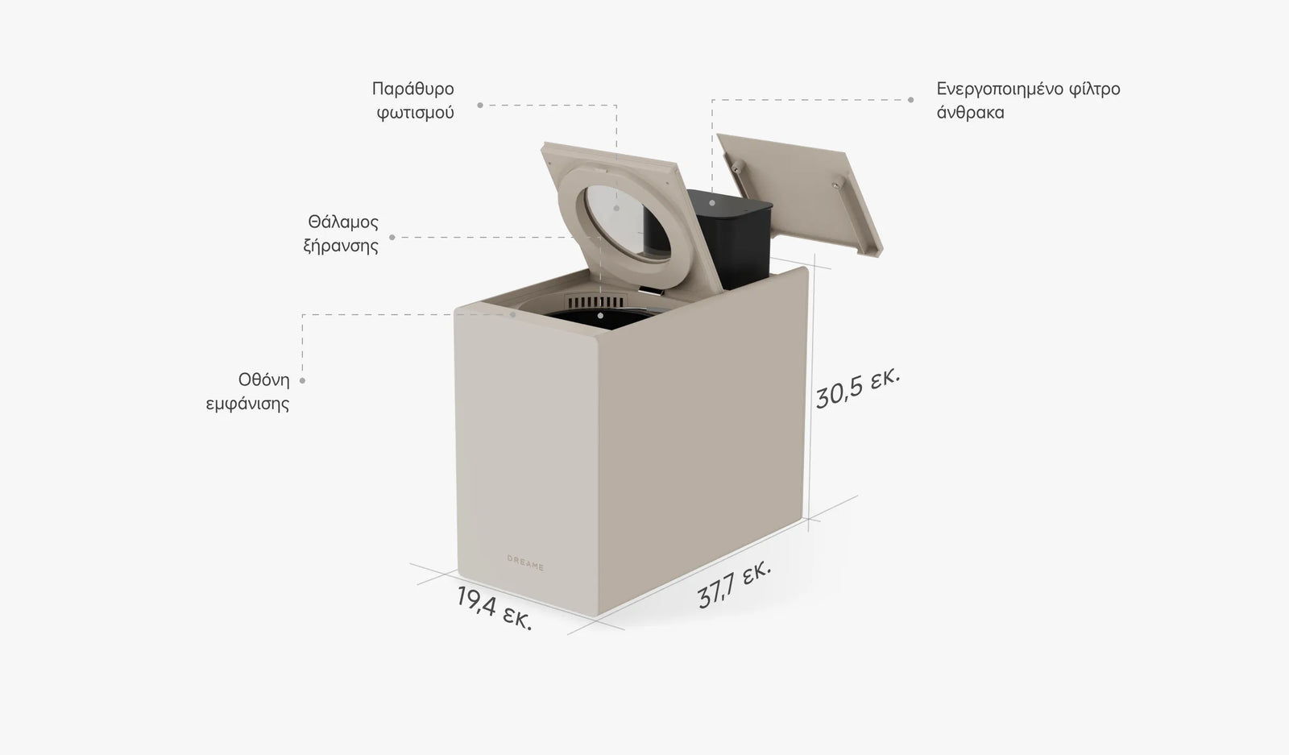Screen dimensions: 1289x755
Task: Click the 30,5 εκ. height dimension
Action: pyautogui.click(x=857, y=388)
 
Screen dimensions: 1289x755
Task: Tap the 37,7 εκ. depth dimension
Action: pyautogui.click(x=734, y=584)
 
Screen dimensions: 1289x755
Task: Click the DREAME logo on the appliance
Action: pyautogui.click(x=525, y=562)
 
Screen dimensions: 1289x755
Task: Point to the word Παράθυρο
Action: pyautogui.click(x=412, y=89)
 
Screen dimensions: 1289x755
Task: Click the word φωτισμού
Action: pyautogui.click(x=416, y=113)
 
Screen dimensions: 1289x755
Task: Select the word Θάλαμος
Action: pyautogui.click(x=343, y=222)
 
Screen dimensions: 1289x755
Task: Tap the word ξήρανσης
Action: pyautogui.click(x=341, y=247)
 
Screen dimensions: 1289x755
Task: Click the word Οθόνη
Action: pyautogui.click(x=264, y=380)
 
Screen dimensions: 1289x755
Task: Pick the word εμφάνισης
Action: pyautogui.click(x=247, y=404)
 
